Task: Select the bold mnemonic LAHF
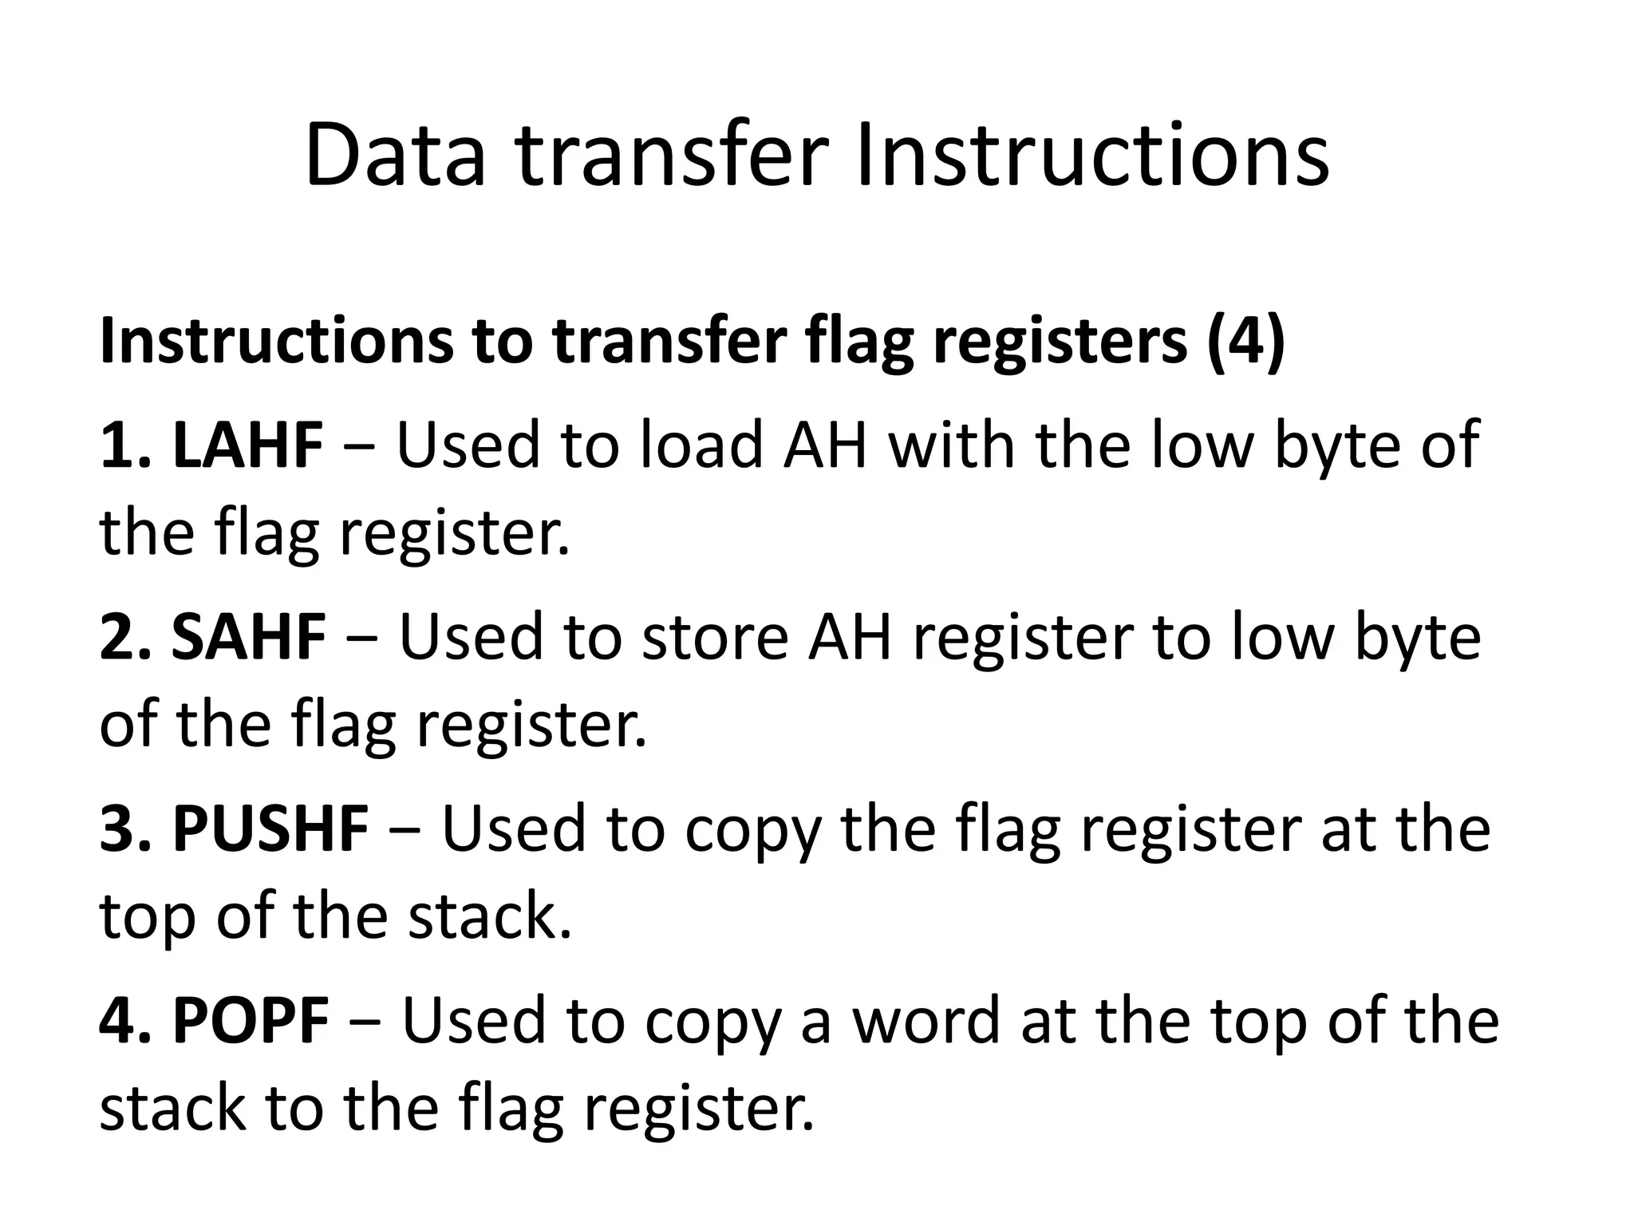click(x=248, y=445)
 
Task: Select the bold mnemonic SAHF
click(x=249, y=637)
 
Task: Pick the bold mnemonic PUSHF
click(x=270, y=829)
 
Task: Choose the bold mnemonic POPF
click(x=251, y=1020)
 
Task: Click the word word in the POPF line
click(x=926, y=1020)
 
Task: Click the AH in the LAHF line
click(x=825, y=445)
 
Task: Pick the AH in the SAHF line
click(x=849, y=637)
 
